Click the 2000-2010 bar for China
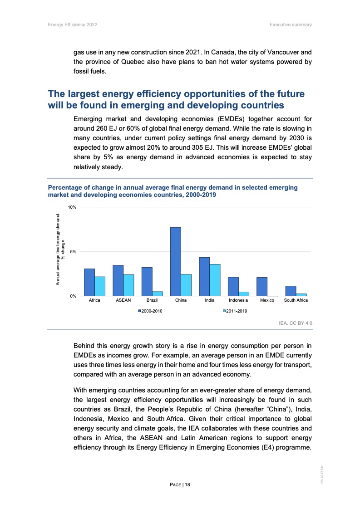click(176, 262)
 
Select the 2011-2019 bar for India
click(215, 280)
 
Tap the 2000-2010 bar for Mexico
click(262, 287)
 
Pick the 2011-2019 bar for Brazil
click(158, 294)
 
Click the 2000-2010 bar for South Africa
click(291, 291)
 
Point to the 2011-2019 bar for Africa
click(100, 286)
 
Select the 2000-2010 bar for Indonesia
click(233, 286)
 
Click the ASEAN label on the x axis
click(123, 300)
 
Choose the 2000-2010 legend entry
click(151, 311)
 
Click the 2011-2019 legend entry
click(234, 311)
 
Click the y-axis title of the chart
click(60, 252)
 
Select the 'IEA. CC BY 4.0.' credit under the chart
click(296, 323)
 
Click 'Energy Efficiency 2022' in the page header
click(73, 24)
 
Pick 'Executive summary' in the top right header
click(291, 24)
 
